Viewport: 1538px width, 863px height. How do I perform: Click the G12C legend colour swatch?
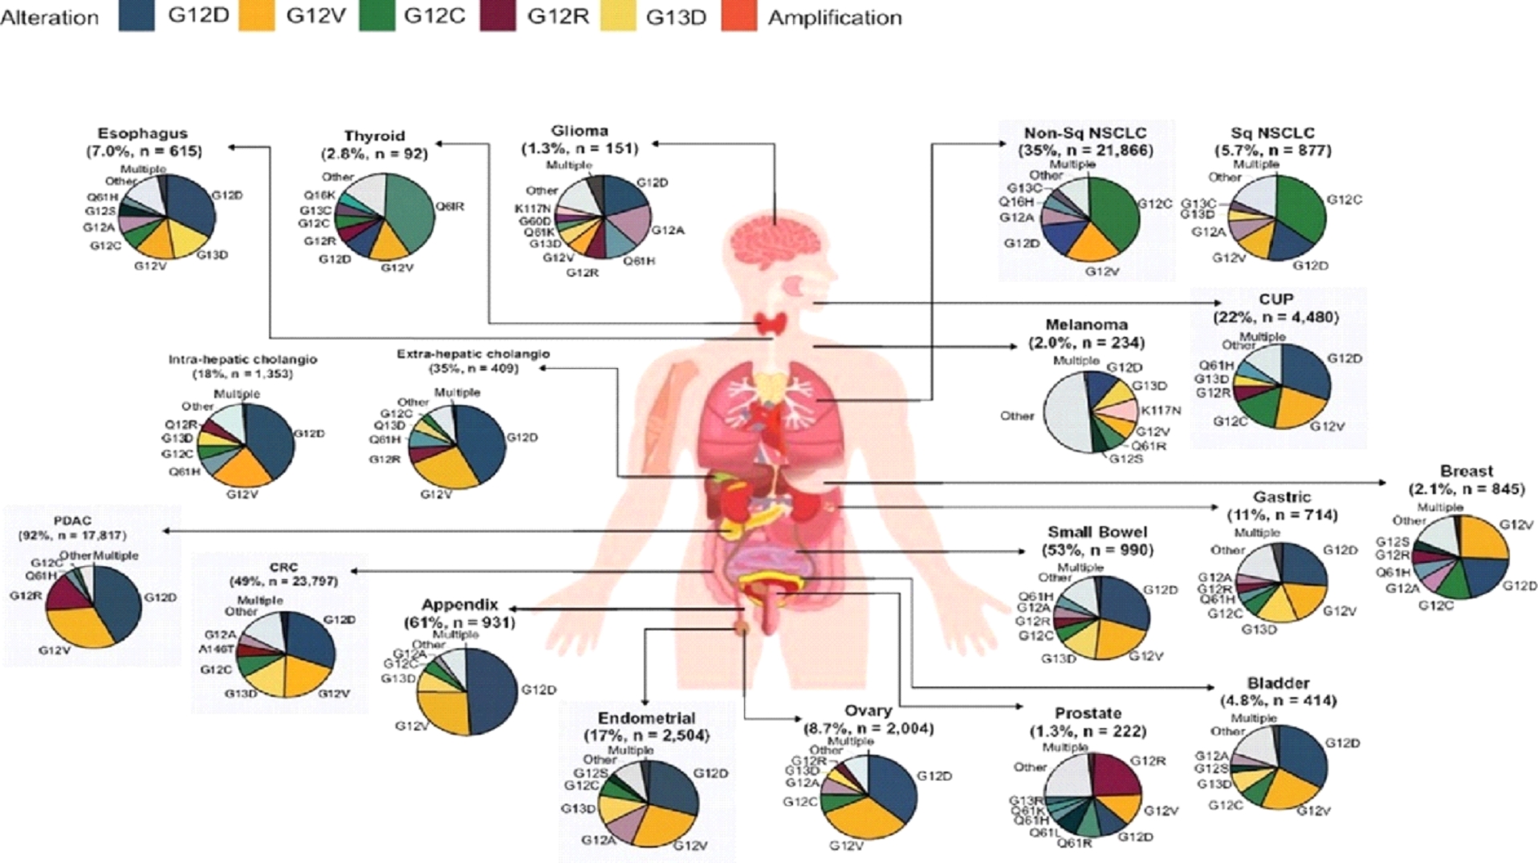376,17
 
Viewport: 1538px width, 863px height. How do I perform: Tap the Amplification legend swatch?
738,17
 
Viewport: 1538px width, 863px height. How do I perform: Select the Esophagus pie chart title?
143,134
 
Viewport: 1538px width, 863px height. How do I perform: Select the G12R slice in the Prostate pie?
1111,775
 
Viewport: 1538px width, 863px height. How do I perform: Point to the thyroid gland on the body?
774,324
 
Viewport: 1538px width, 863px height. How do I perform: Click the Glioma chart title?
580,131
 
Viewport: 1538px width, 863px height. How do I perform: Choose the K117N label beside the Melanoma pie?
1161,411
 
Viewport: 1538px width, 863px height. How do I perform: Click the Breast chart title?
1466,472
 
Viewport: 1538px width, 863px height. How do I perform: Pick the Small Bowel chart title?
1097,533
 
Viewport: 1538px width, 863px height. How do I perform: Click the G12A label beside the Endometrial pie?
598,840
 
